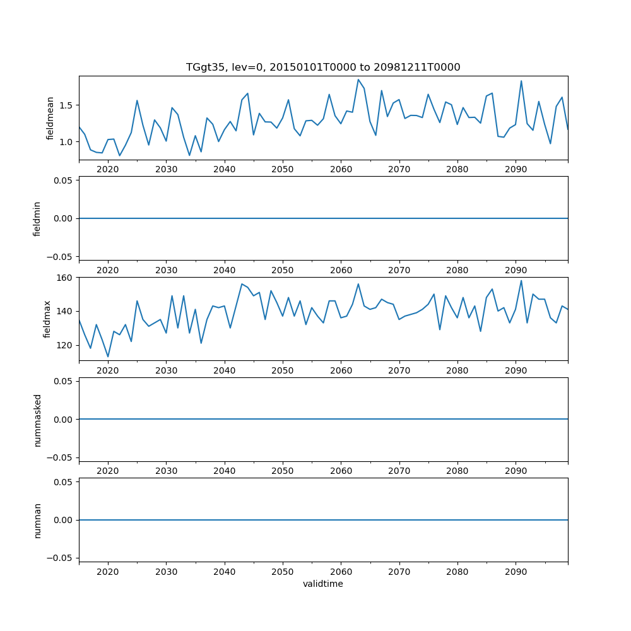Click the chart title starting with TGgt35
pos(323,67)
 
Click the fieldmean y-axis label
pos(50,118)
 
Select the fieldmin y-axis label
pos(37,218)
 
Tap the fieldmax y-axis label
pos(47,319)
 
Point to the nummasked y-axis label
pos(37,420)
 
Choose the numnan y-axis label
pos(37,520)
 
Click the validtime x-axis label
pos(323,584)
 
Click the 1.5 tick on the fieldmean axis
pos(66,105)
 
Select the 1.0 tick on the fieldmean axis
pos(66,142)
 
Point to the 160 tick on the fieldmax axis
pos(66,278)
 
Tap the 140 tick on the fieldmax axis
pos(66,312)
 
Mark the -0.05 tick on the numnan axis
pos(61,558)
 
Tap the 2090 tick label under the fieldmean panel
pos(516,170)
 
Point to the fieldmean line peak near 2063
pos(358,80)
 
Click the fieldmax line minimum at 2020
pos(108,357)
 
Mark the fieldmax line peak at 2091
pos(521,281)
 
